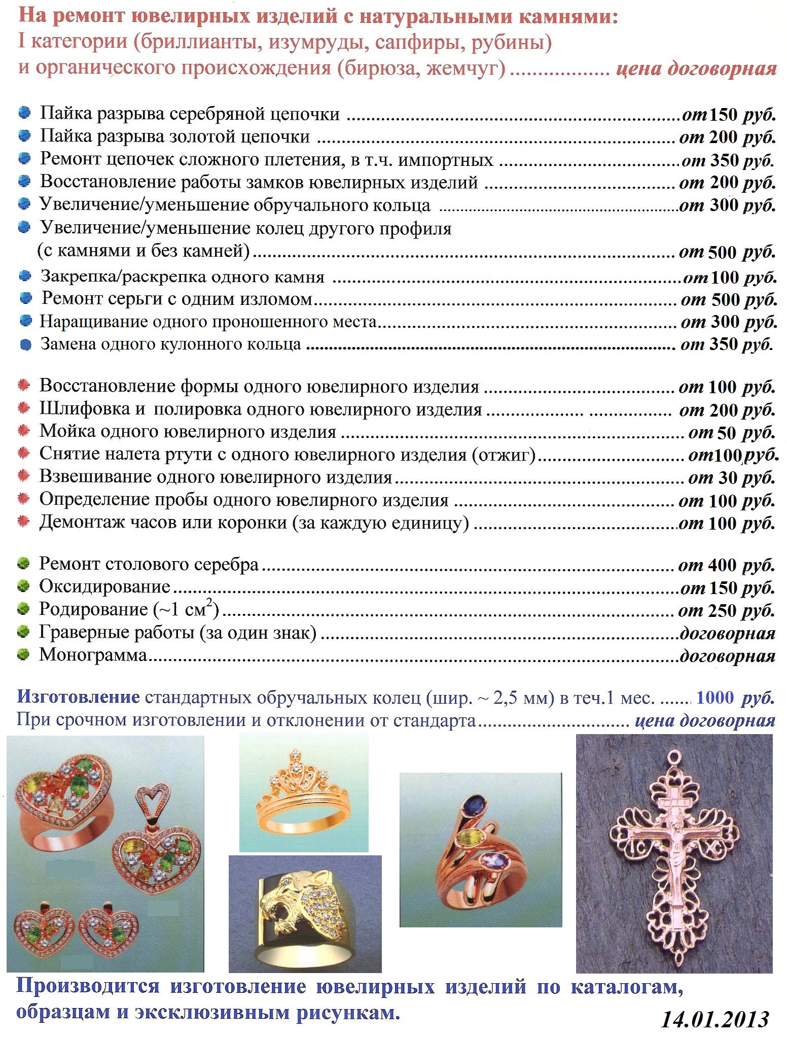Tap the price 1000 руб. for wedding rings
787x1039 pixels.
pyautogui.click(x=735, y=698)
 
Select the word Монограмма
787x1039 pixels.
pyautogui.click(x=93, y=654)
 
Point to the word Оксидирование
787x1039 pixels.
pyautogui.click(x=104, y=586)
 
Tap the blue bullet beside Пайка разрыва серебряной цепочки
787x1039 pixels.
pyautogui.click(x=24, y=113)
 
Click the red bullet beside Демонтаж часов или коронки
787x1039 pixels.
pyautogui.click(x=23, y=522)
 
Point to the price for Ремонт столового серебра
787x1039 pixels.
pyautogui.click(x=726, y=565)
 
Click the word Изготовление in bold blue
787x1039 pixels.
pyautogui.click(x=78, y=697)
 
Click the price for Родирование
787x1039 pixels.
pyautogui.click(x=726, y=610)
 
